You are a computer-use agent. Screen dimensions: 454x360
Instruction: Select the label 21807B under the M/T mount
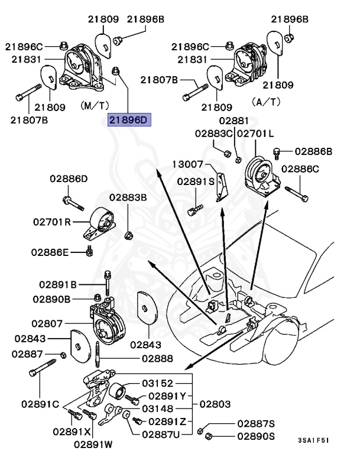coord(29,120)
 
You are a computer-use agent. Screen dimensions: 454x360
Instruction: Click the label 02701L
coord(255,134)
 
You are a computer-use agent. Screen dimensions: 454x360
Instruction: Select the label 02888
coord(157,358)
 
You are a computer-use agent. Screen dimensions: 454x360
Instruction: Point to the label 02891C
coord(40,404)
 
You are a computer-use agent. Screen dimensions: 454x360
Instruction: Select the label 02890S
coord(256,436)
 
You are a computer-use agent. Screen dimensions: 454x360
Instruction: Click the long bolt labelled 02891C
coord(37,379)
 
